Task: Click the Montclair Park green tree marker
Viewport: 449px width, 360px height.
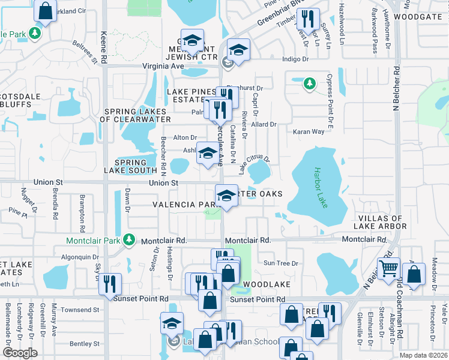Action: pos(128,240)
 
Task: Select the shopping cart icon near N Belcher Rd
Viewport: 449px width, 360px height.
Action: pos(388,268)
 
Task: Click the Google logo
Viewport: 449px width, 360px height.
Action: pos(20,353)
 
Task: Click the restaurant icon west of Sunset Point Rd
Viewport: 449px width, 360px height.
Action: pos(110,283)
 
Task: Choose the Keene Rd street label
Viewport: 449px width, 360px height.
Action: pos(103,48)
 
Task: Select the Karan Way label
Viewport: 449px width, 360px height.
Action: pos(309,131)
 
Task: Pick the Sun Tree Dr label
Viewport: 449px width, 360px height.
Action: pos(281,263)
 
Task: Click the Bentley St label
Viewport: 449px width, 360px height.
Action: pos(84,344)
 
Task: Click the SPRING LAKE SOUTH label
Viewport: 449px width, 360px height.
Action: pos(130,167)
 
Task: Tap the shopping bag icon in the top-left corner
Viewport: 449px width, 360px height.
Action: pos(45,10)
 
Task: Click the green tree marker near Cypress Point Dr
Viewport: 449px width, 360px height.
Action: pos(310,83)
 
